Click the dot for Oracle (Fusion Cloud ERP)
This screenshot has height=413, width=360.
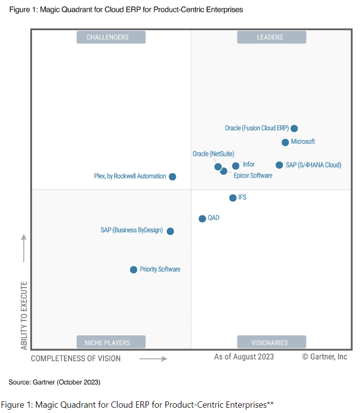pos(294,128)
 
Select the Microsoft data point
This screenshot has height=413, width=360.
pos(285,142)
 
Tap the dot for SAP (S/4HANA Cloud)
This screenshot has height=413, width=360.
pos(279,165)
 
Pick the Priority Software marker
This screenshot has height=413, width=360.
pos(134,270)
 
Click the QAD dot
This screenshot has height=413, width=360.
pos(202,219)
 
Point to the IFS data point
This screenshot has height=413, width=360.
pos(233,198)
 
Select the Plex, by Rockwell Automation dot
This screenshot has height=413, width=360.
pos(172,177)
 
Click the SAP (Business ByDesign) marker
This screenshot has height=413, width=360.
pos(170,231)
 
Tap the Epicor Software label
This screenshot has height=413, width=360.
pos(253,176)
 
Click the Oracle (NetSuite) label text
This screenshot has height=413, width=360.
pos(213,154)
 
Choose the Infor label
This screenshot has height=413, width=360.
pos(248,165)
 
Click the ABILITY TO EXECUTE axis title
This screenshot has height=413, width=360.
pos(24,315)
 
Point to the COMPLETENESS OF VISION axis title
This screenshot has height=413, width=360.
pos(76,359)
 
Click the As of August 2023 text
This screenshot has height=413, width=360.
pos(244,357)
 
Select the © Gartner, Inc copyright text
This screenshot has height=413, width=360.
pos(325,357)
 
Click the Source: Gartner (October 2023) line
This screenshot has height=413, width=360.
pos(54,382)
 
